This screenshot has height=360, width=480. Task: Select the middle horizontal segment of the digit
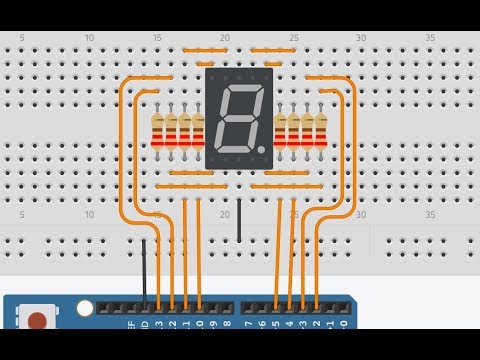(238, 120)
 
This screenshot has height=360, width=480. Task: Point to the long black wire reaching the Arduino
(144, 270)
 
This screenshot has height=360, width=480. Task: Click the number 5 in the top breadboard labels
(22, 38)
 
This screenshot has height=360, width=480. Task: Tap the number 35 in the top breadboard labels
(429, 38)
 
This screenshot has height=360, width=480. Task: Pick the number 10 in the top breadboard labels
(89, 38)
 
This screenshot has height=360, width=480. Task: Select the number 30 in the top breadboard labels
(360, 38)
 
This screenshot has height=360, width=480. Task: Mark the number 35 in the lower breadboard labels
(429, 215)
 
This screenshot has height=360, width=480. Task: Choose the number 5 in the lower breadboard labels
(22, 215)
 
